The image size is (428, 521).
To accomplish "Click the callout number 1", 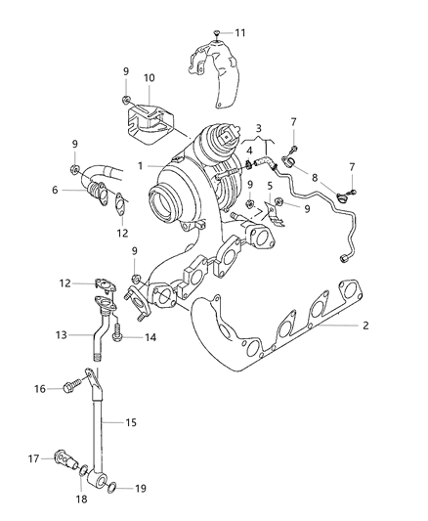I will (x=140, y=165).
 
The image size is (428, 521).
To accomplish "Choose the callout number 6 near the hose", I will (x=56, y=190).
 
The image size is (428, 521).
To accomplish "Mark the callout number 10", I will (x=149, y=77).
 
